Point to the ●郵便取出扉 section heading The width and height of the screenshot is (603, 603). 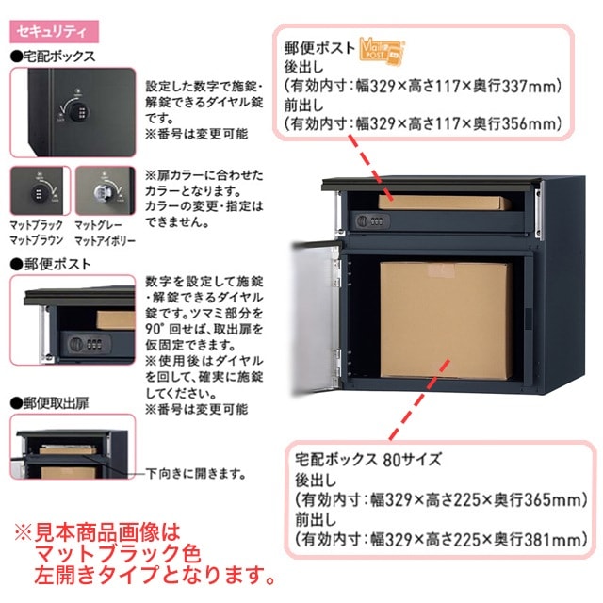tap(52, 402)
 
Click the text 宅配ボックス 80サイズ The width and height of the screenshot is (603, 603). tap(362, 461)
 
